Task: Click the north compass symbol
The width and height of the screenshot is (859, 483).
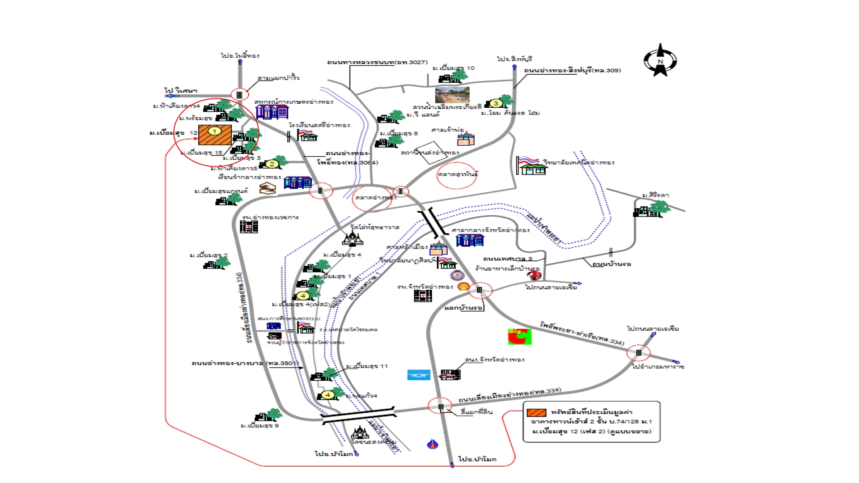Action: click(660, 60)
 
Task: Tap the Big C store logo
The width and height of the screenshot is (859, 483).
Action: click(519, 336)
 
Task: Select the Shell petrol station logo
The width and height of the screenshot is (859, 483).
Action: click(464, 286)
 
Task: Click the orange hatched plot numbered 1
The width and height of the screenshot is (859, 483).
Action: click(215, 135)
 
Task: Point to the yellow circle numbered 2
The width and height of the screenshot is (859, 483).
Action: click(272, 164)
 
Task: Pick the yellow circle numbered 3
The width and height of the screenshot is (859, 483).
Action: click(495, 103)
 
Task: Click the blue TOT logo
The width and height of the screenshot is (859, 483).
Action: click(419, 375)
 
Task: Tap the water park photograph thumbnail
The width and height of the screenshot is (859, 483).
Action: click(452, 95)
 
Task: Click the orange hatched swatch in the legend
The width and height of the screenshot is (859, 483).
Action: click(536, 412)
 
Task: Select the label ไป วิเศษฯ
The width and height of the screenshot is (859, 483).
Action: click(181, 91)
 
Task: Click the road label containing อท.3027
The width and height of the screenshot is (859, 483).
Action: click(377, 62)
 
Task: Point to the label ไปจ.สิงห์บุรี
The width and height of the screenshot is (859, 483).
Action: click(514, 59)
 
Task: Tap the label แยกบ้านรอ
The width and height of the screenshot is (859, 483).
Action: click(464, 308)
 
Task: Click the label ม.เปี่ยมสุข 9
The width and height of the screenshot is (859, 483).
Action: click(259, 426)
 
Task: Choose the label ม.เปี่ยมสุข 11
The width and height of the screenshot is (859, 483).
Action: click(367, 366)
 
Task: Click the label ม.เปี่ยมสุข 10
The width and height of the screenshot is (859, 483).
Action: click(453, 68)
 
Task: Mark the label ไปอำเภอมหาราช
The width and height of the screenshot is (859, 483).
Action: click(658, 367)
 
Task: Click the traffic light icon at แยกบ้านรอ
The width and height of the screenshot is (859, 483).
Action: click(479, 290)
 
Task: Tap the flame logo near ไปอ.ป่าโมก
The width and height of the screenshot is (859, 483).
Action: click(432, 444)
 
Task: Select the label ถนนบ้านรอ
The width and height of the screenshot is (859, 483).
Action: click(612, 264)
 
